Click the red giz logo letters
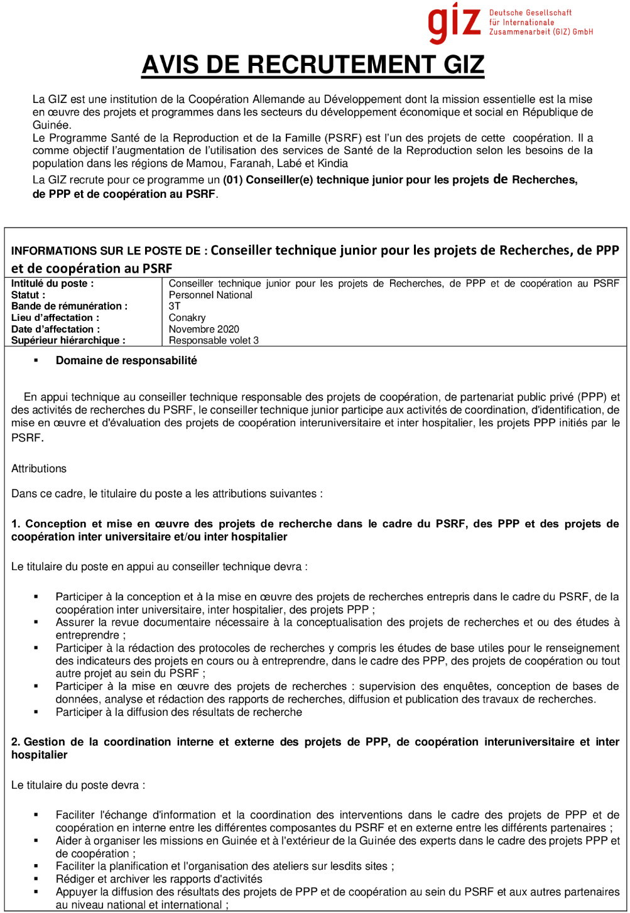(x=453, y=23)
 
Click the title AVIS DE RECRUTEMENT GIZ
(x=313, y=65)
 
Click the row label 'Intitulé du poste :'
(x=53, y=284)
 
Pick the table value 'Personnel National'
(x=210, y=295)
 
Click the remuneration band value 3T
(x=175, y=306)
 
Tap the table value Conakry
(x=187, y=318)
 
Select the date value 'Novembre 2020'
(x=204, y=329)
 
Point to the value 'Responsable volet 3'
(x=214, y=340)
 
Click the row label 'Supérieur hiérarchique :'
(x=68, y=340)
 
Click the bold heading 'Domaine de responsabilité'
(x=126, y=360)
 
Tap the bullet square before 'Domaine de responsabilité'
(x=36, y=360)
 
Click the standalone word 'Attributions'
(x=39, y=468)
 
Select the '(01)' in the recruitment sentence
(x=232, y=180)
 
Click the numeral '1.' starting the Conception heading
(x=16, y=524)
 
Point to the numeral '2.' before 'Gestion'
(x=16, y=742)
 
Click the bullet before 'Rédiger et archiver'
(x=36, y=879)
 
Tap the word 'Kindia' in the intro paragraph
(x=332, y=163)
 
